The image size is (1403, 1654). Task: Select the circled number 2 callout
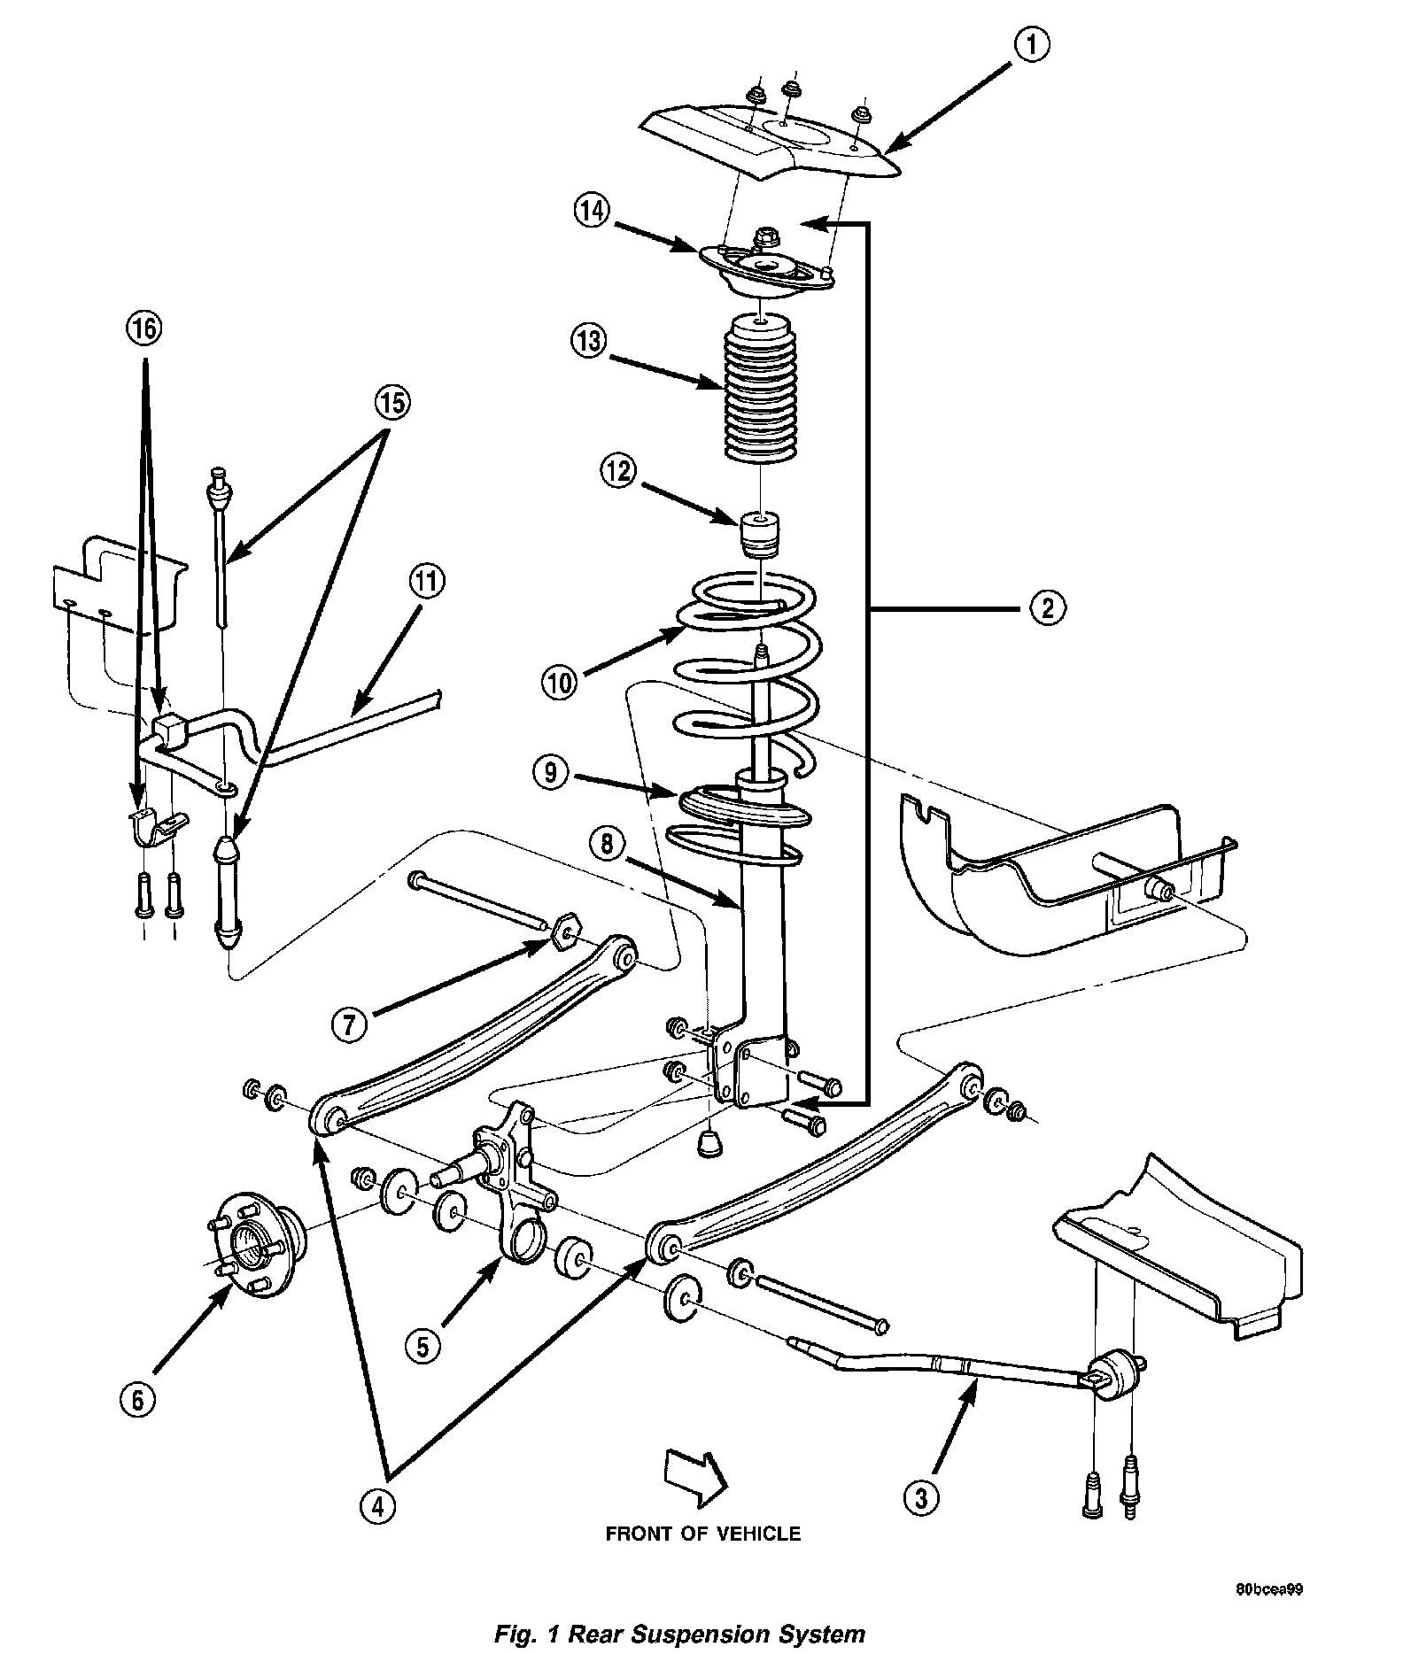[x=1048, y=608]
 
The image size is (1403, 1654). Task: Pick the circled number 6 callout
[x=139, y=1399]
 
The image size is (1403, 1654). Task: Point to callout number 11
[x=427, y=583]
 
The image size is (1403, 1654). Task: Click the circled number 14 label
[x=592, y=212]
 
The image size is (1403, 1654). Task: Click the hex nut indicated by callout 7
[x=564, y=935]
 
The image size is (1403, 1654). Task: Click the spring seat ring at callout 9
[x=744, y=807]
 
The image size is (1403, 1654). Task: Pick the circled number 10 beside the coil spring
[x=562, y=682]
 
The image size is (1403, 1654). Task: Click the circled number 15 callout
[x=391, y=404]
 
